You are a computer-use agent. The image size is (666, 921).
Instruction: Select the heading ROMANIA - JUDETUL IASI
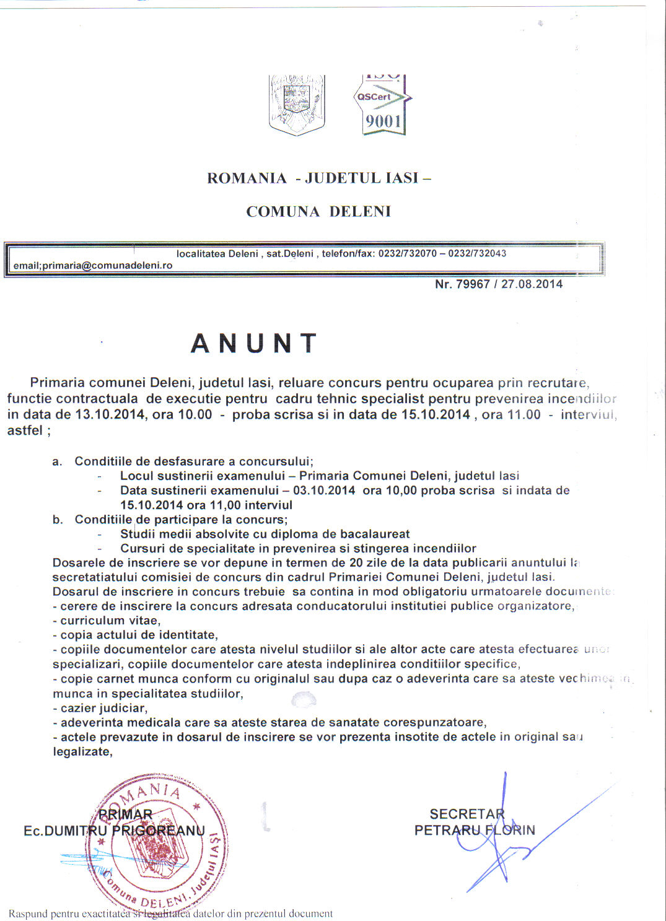(x=318, y=178)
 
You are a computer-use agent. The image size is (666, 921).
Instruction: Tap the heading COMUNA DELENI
(x=318, y=212)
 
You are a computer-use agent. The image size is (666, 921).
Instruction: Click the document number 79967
(x=473, y=284)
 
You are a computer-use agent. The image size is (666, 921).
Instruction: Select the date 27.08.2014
(x=532, y=284)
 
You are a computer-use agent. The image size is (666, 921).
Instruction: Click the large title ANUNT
(x=254, y=344)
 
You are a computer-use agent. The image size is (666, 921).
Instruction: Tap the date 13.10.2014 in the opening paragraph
(x=109, y=415)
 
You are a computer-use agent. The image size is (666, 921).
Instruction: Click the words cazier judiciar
(x=103, y=708)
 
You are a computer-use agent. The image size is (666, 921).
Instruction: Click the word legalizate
(x=82, y=752)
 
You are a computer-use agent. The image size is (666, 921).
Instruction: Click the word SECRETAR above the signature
(x=467, y=814)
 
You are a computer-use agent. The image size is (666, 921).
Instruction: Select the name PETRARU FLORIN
(x=475, y=830)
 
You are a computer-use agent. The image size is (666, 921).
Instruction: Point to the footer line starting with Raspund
(x=170, y=914)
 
